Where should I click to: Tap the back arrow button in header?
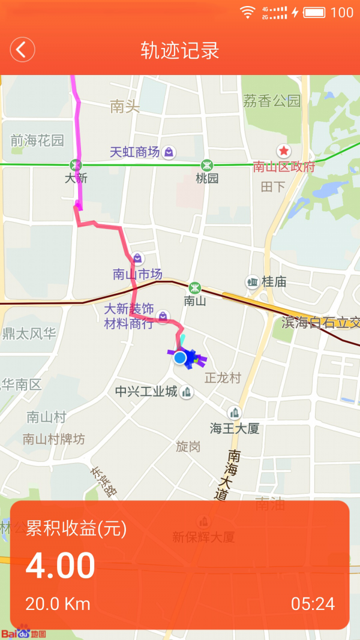(22, 49)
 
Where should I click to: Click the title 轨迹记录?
(180, 50)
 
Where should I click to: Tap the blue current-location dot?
(180, 358)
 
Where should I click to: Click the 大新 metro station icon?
(76, 164)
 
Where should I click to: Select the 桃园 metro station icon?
(206, 164)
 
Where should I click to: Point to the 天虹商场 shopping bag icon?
(169, 152)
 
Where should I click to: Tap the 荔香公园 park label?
(271, 101)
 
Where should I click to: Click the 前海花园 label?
(37, 141)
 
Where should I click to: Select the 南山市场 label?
(137, 275)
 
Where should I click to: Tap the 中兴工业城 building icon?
(187, 392)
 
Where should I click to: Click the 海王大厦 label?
(234, 428)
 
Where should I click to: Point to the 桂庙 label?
(274, 281)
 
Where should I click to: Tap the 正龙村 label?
(223, 378)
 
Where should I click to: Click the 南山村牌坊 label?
(54, 439)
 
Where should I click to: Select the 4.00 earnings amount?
(60, 566)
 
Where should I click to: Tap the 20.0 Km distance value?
(58, 603)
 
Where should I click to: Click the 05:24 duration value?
(313, 603)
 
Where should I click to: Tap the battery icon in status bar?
(314, 12)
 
